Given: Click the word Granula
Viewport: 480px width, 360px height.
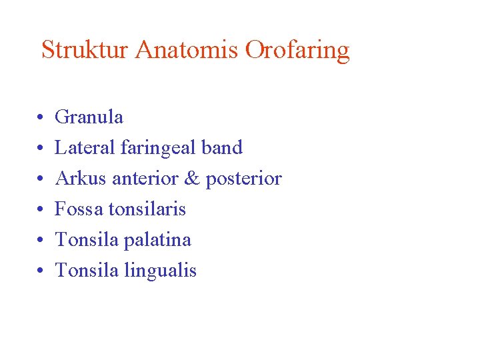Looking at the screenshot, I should (x=89, y=117).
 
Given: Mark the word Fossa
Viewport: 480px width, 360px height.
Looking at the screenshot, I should (x=79, y=209).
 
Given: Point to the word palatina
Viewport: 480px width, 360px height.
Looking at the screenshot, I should (x=160, y=240).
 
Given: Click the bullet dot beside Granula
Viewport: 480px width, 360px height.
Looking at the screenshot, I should (x=41, y=119).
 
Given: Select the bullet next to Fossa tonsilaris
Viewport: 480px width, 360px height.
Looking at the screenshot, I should (x=41, y=211).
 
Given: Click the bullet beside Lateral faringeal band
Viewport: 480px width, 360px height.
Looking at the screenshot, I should (x=41, y=149).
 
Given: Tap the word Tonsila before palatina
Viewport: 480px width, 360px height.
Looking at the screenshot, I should (x=86, y=240).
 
